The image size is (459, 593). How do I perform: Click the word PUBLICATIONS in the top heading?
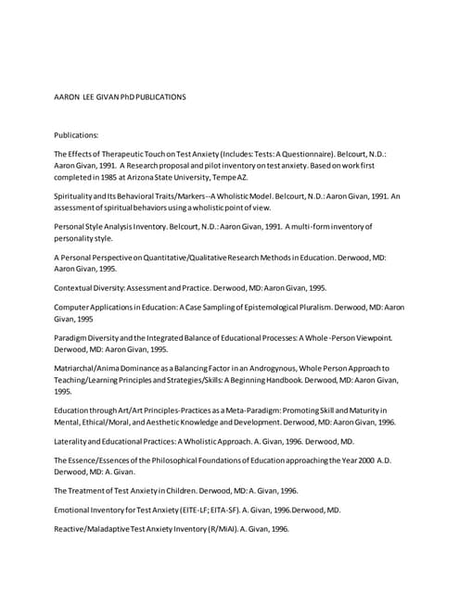(157, 96)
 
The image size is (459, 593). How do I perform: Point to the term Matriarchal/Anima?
(99, 368)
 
